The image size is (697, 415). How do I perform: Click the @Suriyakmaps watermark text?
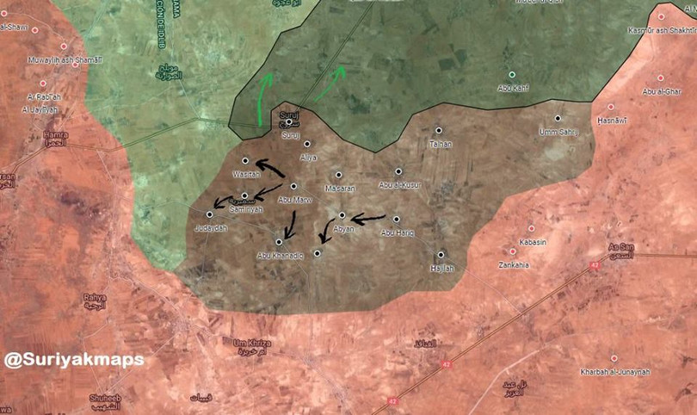pos(74,360)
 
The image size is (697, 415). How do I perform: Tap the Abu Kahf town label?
pos(513,87)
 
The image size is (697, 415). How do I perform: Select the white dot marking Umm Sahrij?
pos(558,118)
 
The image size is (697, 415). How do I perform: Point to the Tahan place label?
pos(440,144)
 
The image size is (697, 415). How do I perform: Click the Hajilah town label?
pos(441,269)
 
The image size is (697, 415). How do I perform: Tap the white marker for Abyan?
pos(342,215)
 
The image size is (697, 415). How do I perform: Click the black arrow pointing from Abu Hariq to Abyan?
pos(368,220)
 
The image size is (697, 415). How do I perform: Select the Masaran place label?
pos(340,188)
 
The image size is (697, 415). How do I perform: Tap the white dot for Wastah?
pos(245,161)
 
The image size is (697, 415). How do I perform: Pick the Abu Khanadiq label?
pos(281,256)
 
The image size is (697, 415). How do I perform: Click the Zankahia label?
pos(514,265)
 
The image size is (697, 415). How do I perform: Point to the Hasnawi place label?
pos(612,121)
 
